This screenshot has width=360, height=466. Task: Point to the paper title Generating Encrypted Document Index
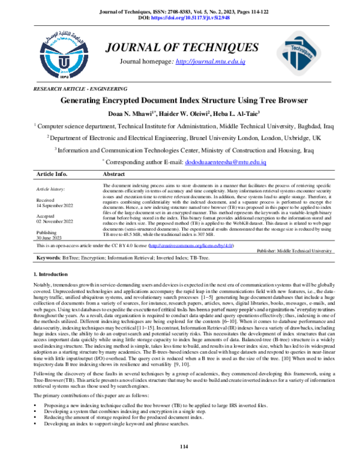click(179, 100)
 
